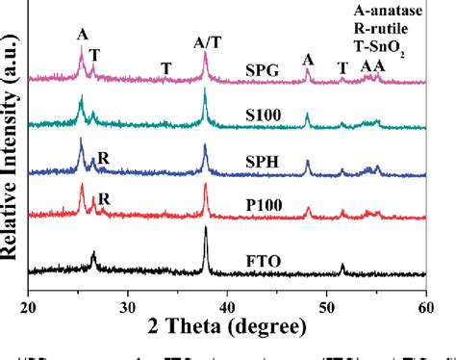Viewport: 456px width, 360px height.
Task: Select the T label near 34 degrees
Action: [166, 67]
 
